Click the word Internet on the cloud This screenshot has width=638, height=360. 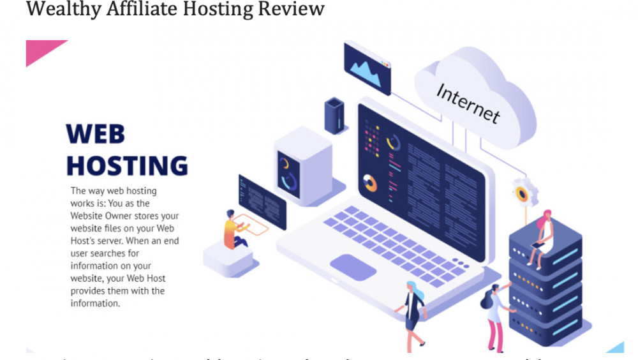tap(468, 102)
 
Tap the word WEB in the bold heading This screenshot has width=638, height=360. tap(96, 135)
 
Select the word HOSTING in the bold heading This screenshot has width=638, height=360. tap(127, 165)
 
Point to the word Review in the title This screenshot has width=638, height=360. tap(290, 9)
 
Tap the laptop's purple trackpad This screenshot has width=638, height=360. tap(353, 266)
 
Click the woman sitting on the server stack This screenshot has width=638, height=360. tap(541, 235)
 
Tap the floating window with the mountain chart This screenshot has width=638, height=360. tap(367, 67)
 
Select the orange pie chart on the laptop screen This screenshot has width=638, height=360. tap(369, 183)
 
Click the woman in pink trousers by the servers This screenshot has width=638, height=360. tap(494, 316)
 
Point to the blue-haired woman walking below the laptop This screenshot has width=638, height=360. tap(413, 310)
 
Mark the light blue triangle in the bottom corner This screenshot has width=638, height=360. tap(616, 347)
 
